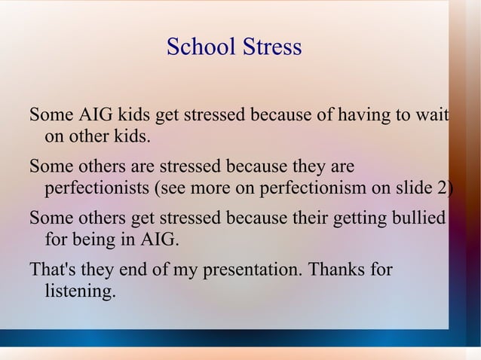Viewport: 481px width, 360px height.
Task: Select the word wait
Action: point(433,117)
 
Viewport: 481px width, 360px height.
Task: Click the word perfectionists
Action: point(97,188)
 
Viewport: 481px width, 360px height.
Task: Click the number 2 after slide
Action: point(441,188)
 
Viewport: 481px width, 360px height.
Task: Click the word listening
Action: point(81,291)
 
